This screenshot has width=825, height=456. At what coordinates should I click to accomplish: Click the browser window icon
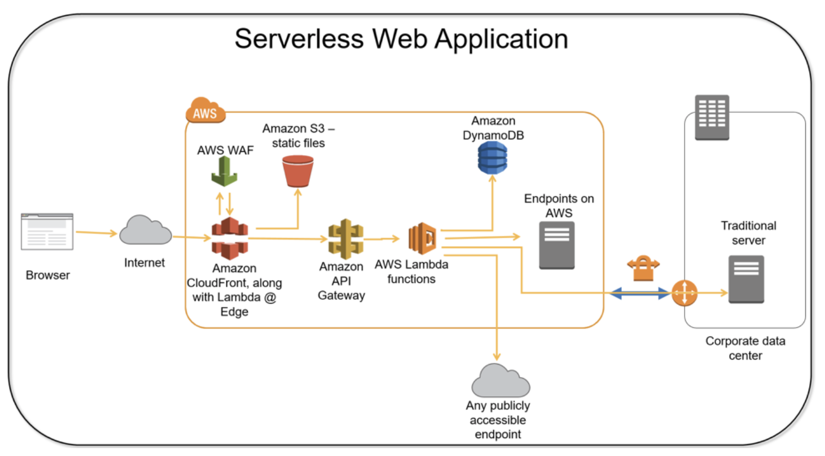(x=47, y=231)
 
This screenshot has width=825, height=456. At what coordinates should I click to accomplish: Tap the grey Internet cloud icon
(x=146, y=230)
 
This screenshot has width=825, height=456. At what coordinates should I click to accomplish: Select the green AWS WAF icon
(x=224, y=172)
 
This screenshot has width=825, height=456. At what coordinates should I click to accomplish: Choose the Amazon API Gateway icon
(x=345, y=239)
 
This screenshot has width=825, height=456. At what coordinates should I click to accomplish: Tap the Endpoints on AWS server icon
(x=556, y=245)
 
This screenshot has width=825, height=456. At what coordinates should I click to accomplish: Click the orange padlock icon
(x=643, y=269)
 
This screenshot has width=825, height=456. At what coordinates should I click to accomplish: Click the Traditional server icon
(x=745, y=279)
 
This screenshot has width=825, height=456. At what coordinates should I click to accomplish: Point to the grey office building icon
(x=712, y=117)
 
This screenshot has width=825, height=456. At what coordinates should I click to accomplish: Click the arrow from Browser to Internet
(x=96, y=232)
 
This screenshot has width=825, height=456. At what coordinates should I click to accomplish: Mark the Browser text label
(x=47, y=275)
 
